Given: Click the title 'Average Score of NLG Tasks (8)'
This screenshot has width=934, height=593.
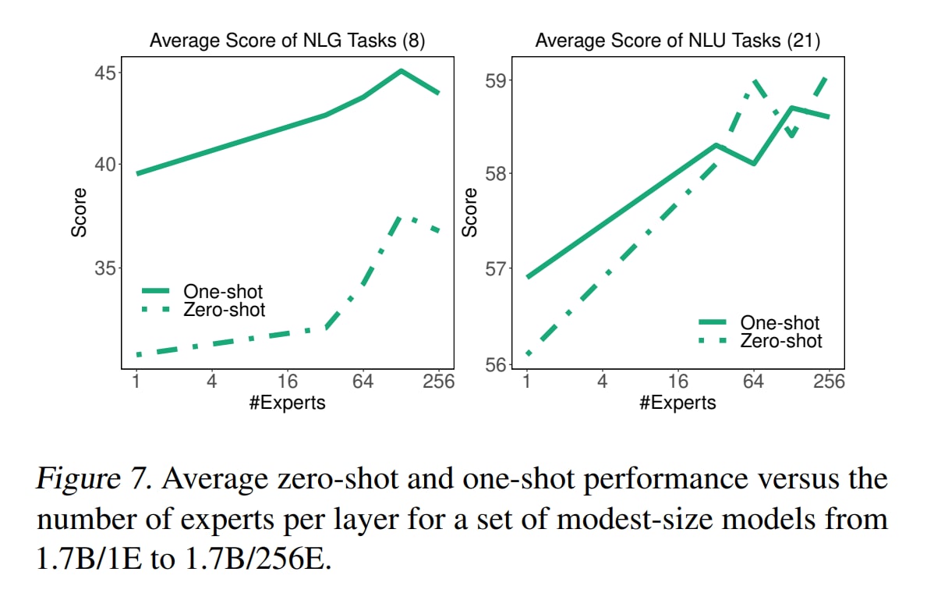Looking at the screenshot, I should (x=287, y=41).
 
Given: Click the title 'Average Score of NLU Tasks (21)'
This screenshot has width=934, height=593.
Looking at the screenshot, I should (x=678, y=41).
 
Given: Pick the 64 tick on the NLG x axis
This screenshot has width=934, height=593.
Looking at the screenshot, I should (x=363, y=382).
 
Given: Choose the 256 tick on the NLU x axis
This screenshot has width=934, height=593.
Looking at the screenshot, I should (x=829, y=382).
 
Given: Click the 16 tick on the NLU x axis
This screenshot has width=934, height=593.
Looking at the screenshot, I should (x=678, y=382).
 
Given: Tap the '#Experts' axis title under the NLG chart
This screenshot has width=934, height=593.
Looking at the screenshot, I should (x=287, y=403).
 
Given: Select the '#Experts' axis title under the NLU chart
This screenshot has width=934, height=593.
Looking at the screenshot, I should (x=678, y=403).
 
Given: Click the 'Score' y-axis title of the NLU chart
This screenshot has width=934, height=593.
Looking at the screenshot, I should (x=469, y=213).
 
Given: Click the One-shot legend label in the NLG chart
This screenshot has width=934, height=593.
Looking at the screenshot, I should (x=223, y=292).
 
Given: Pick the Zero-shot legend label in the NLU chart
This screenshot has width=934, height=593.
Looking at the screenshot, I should (x=781, y=340).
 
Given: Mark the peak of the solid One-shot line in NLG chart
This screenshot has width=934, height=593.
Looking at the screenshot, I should (x=401, y=71).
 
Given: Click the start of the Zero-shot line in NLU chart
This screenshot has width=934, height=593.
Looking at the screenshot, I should (x=528, y=353).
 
